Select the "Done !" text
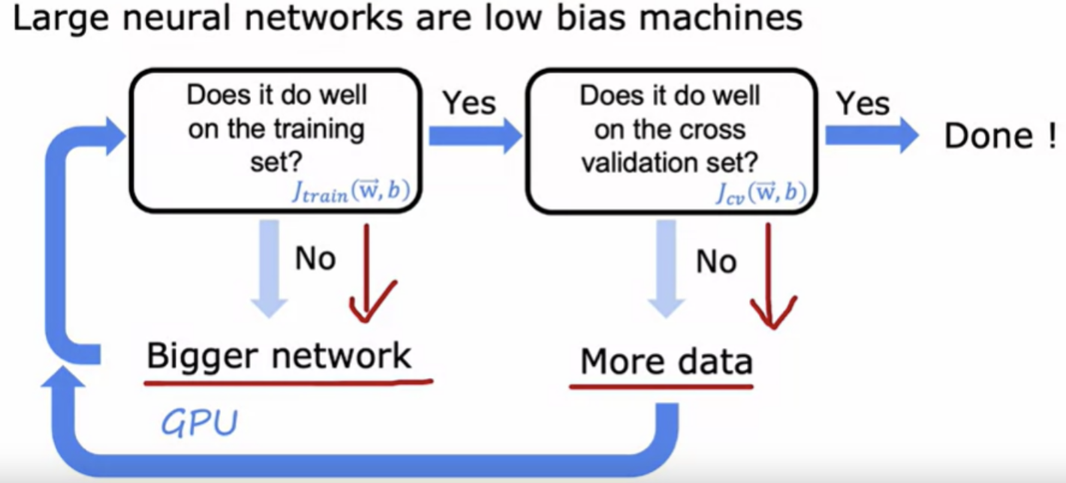click(x=1000, y=136)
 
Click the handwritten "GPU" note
click(x=200, y=423)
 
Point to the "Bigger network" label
click(x=279, y=356)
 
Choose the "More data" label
click(x=667, y=361)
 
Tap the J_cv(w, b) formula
click(x=761, y=193)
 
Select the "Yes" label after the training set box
click(x=469, y=103)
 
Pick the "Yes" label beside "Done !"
click(x=863, y=103)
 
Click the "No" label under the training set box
click(x=315, y=259)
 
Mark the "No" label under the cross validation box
click(x=716, y=262)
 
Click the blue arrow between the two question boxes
click(x=475, y=136)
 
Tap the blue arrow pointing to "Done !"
click(x=872, y=136)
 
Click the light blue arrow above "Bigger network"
click(x=270, y=268)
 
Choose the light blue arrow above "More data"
click(x=667, y=268)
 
